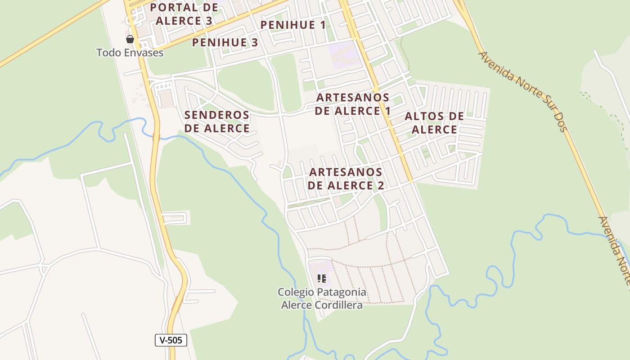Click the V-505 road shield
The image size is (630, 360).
tap(171, 340)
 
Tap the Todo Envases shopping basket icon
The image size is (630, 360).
tap(130, 39)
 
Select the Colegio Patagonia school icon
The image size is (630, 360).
tap(321, 278)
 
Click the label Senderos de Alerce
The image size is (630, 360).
tap(217, 121)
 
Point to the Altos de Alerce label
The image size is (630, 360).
tap(434, 123)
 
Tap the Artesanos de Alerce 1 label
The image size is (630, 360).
tap(352, 104)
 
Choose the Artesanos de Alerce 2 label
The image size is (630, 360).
tap(346, 179)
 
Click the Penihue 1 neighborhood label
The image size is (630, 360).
tap(293, 25)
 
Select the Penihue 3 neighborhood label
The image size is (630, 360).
tap(225, 43)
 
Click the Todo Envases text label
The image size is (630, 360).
tap(130, 53)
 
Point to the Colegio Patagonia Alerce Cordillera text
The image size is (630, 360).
tap(322, 299)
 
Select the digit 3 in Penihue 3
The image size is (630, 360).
tap(254, 43)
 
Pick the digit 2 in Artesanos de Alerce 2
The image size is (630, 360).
tap(380, 185)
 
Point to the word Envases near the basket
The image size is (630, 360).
tap(144, 53)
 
